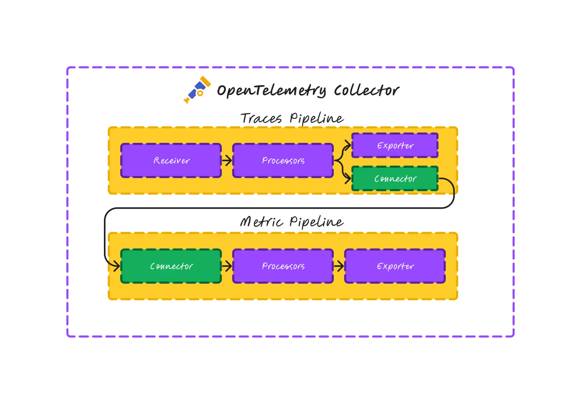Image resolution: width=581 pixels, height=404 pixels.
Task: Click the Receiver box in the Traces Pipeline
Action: click(171, 161)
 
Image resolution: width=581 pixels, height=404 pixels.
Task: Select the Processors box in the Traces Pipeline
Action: click(283, 161)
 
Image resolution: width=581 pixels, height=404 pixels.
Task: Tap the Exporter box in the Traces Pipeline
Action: click(395, 145)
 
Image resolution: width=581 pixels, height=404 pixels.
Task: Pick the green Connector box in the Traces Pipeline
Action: click(395, 179)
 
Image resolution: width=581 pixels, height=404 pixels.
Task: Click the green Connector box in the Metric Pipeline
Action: click(171, 266)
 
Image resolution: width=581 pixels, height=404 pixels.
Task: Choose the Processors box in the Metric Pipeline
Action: click(283, 266)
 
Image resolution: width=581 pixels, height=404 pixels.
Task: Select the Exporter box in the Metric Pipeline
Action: click(395, 266)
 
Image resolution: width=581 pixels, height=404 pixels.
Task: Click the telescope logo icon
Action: click(197, 90)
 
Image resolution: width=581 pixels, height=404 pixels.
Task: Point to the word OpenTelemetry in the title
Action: click(271, 91)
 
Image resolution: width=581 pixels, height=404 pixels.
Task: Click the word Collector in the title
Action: click(366, 90)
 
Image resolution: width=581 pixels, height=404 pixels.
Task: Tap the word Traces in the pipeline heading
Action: click(261, 118)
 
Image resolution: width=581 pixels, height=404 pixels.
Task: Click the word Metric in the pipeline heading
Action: click(261, 222)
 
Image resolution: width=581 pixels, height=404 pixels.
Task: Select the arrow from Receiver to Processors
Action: click(227, 160)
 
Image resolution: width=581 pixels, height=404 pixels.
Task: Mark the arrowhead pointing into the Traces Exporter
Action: click(348, 145)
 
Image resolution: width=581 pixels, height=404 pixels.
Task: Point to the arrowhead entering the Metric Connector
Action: click(116, 266)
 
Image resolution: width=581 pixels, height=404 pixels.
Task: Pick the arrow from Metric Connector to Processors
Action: click(227, 266)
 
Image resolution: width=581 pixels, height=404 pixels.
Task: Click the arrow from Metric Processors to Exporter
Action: click(339, 266)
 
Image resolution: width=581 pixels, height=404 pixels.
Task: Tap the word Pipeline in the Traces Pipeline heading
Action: click(316, 118)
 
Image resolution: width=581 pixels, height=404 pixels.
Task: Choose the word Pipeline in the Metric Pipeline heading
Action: click(316, 222)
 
